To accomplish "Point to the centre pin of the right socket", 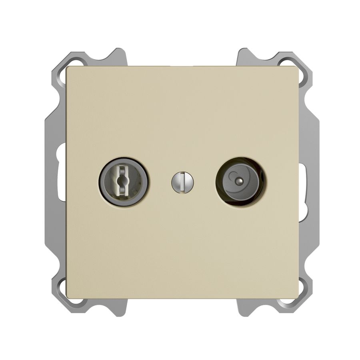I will pyautogui.click(x=240, y=180).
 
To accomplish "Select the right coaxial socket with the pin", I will pyautogui.click(x=239, y=182).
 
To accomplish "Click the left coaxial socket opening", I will pyautogui.click(x=123, y=182).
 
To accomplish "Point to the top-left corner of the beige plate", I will pyautogui.click(x=68, y=68).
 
